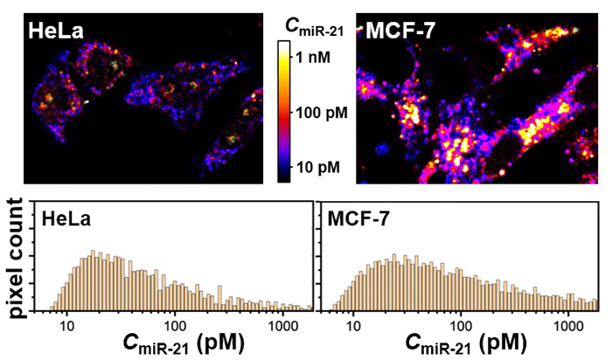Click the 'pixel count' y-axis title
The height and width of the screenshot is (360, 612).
pyautogui.click(x=15, y=256)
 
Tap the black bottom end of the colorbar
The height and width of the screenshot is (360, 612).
pyautogui.click(x=284, y=177)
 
